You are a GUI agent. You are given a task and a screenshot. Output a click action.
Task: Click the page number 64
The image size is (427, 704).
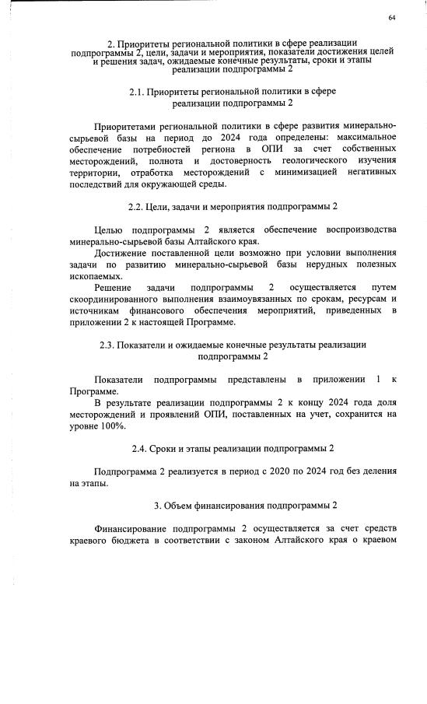pos(392,18)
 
